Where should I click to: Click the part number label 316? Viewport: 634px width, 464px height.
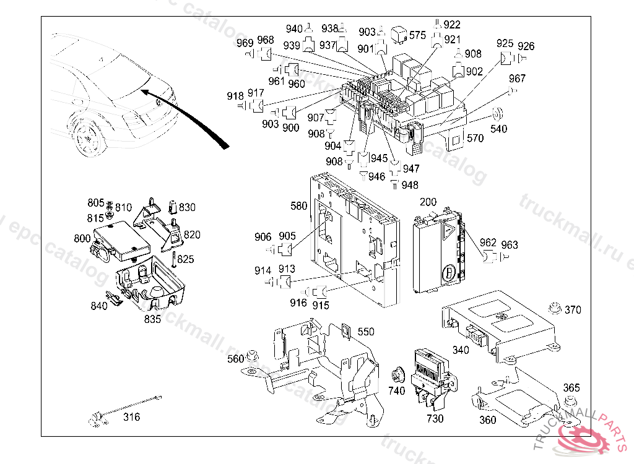131,417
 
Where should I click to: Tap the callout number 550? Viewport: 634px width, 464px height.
366,332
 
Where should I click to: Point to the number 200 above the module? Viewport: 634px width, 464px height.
428,202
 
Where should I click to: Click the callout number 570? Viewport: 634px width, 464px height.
475,138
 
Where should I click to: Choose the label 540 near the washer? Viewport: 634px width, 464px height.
498,129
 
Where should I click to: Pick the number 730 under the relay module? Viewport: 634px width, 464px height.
435,419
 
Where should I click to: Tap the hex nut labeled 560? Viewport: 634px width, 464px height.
251,356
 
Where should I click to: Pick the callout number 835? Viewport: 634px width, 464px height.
152,319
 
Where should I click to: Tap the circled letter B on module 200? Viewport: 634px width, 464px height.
448,273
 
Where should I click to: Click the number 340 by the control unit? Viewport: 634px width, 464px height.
461,350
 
